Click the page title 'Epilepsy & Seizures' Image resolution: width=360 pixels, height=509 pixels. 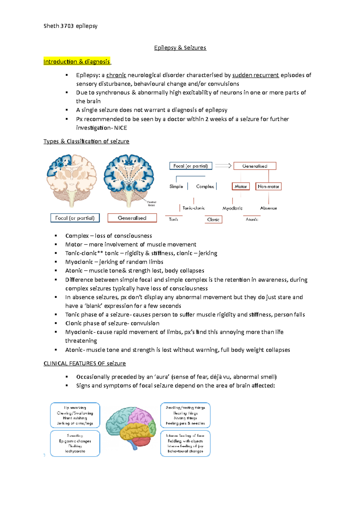coord(180,48)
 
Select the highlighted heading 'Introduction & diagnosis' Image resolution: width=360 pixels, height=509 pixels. coord(77,61)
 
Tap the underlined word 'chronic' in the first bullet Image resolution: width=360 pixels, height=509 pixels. coord(116,75)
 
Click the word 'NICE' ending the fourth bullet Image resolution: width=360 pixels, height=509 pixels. coord(121,128)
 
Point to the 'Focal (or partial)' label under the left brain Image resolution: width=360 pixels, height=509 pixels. coord(75,218)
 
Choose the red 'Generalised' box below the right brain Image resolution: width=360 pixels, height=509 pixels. coord(132,218)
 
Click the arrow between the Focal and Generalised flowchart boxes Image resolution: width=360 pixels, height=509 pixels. coord(223,166)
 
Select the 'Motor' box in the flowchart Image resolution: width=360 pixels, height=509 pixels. coord(241,186)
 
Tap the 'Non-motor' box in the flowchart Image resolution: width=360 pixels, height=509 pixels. coord(268,186)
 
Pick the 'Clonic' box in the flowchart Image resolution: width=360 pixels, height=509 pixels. coord(213,219)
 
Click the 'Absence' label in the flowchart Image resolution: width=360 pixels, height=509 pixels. coord(268,208)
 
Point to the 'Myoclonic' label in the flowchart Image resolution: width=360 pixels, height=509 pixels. coord(232,208)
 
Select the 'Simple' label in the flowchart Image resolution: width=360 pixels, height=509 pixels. coord(176,186)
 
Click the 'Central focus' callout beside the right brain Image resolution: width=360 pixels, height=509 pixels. coord(151,204)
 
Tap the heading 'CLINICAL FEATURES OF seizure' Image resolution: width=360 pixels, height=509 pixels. coord(85,363)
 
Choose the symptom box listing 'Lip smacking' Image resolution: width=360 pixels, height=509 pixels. coord(75,415)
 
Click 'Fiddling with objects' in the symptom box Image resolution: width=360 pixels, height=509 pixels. coord(185,441)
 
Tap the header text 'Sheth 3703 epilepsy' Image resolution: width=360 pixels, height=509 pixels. coord(70,26)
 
